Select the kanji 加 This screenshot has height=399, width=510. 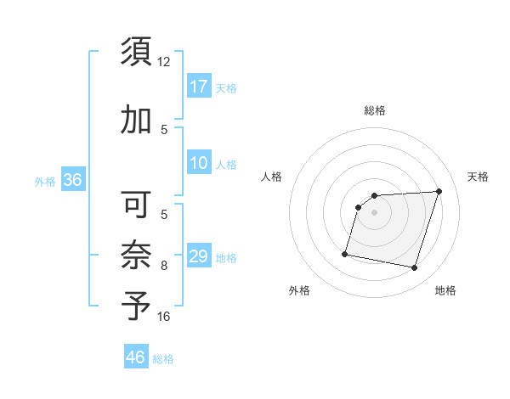coord(136,121)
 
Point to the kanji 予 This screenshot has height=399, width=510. coord(136,306)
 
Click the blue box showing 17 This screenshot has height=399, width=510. coord(199,87)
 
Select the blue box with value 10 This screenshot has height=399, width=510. coord(199,164)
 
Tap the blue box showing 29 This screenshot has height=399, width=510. coord(199,257)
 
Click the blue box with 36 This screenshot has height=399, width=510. coord(72,180)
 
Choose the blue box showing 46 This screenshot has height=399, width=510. coord(136,357)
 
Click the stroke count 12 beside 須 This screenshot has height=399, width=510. coord(164,62)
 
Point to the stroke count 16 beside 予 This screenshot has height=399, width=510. coord(164,317)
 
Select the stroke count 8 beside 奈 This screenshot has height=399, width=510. coord(164,266)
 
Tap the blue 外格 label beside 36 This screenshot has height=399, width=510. coord(44,181)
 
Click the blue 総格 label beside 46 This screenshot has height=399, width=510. coord(163,359)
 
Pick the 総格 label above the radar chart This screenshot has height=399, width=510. coord(375,110)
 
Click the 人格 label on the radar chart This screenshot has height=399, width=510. coord(272,177)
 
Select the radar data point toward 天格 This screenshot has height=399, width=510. coord(439,191)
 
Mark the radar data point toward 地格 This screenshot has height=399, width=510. coord(415,268)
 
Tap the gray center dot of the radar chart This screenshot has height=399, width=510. coord(375,212)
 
